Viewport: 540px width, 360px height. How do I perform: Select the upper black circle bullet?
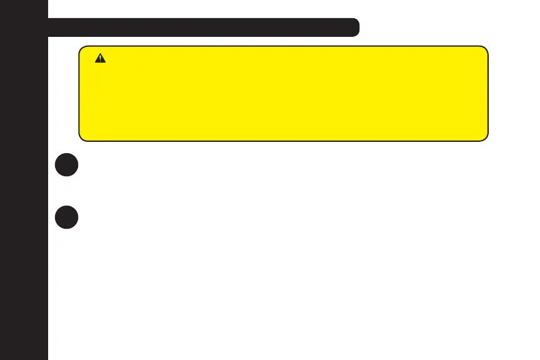point(66,166)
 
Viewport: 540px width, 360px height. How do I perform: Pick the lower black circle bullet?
point(66,216)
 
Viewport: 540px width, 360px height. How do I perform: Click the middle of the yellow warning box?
point(282,93)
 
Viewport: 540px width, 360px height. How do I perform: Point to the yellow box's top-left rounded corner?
point(82,49)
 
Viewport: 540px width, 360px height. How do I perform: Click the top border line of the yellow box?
point(282,46)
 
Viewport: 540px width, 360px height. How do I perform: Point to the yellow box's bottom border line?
point(282,141)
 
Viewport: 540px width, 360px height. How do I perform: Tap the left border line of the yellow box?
point(79,93)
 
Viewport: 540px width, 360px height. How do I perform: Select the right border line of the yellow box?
point(487,93)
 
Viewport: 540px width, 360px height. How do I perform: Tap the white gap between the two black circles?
point(66,191)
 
